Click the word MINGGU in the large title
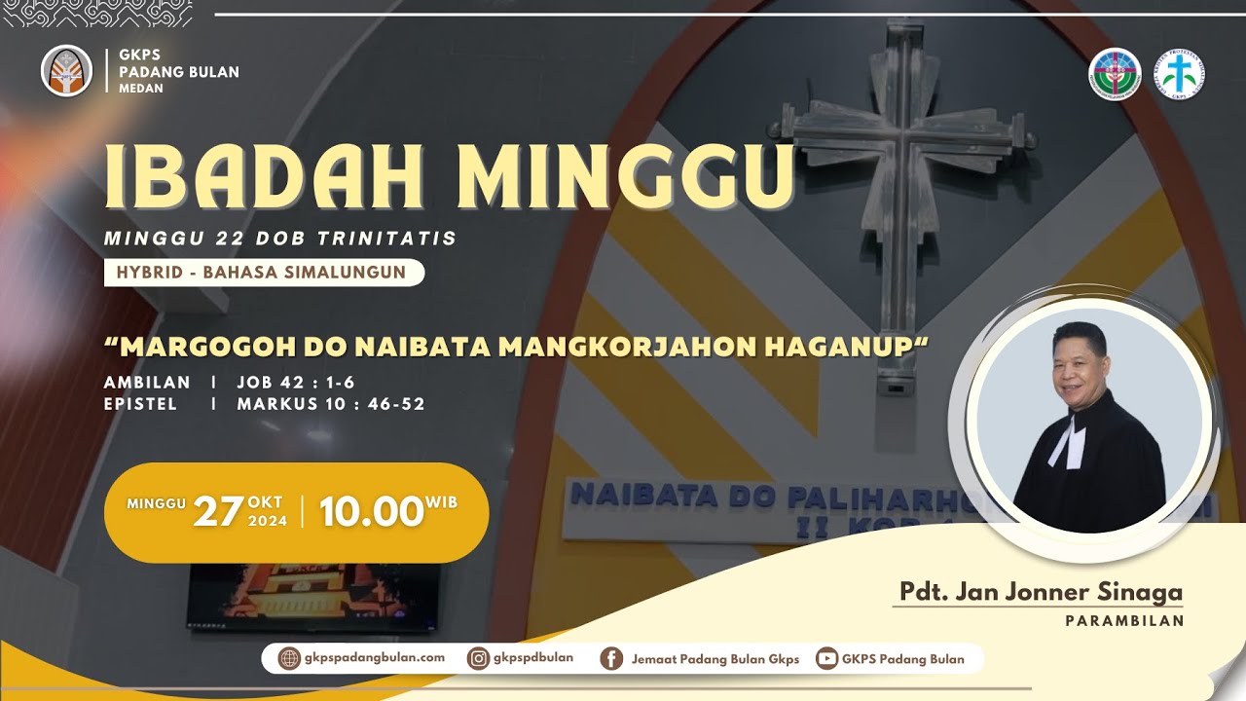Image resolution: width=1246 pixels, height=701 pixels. [x=626, y=178]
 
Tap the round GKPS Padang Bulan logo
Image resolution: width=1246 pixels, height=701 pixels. [x=66, y=72]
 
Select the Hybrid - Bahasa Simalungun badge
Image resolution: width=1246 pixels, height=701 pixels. [x=263, y=273]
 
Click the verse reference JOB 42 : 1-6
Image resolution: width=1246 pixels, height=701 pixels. [x=296, y=383]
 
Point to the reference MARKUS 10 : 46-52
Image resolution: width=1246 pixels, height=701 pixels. [x=331, y=404]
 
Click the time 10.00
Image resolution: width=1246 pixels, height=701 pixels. [x=371, y=512]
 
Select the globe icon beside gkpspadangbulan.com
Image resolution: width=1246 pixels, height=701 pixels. [x=289, y=658]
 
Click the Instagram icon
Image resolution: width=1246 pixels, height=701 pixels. [x=478, y=658]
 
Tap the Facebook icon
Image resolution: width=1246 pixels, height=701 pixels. [x=611, y=659]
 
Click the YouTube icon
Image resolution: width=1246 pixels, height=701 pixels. [x=826, y=659]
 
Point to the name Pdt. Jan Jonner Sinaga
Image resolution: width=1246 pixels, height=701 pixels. [x=1041, y=592]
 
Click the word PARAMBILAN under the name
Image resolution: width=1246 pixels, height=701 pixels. [x=1124, y=620]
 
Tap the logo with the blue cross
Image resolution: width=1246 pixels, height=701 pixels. [x=1180, y=73]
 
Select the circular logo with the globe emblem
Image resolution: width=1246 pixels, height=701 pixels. [x=1115, y=73]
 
